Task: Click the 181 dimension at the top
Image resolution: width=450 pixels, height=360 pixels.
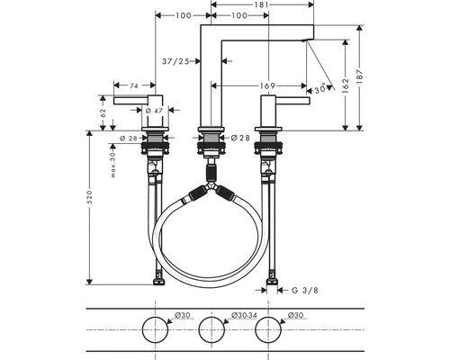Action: click(x=262, y=4)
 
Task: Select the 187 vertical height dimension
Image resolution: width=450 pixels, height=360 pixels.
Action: click(x=360, y=76)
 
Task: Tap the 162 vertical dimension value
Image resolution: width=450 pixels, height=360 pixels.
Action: click(x=346, y=85)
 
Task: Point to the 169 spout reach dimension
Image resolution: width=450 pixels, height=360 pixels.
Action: click(x=267, y=86)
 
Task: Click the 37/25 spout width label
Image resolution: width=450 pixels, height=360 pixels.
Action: click(x=175, y=61)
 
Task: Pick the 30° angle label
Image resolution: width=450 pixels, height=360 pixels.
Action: click(x=319, y=89)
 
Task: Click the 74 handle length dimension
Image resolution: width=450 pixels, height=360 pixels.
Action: click(x=134, y=85)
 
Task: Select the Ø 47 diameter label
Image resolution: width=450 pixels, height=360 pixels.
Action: click(x=154, y=111)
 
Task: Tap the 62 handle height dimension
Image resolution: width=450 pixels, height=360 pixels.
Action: click(x=103, y=113)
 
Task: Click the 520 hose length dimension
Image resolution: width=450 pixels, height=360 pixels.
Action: click(x=89, y=197)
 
